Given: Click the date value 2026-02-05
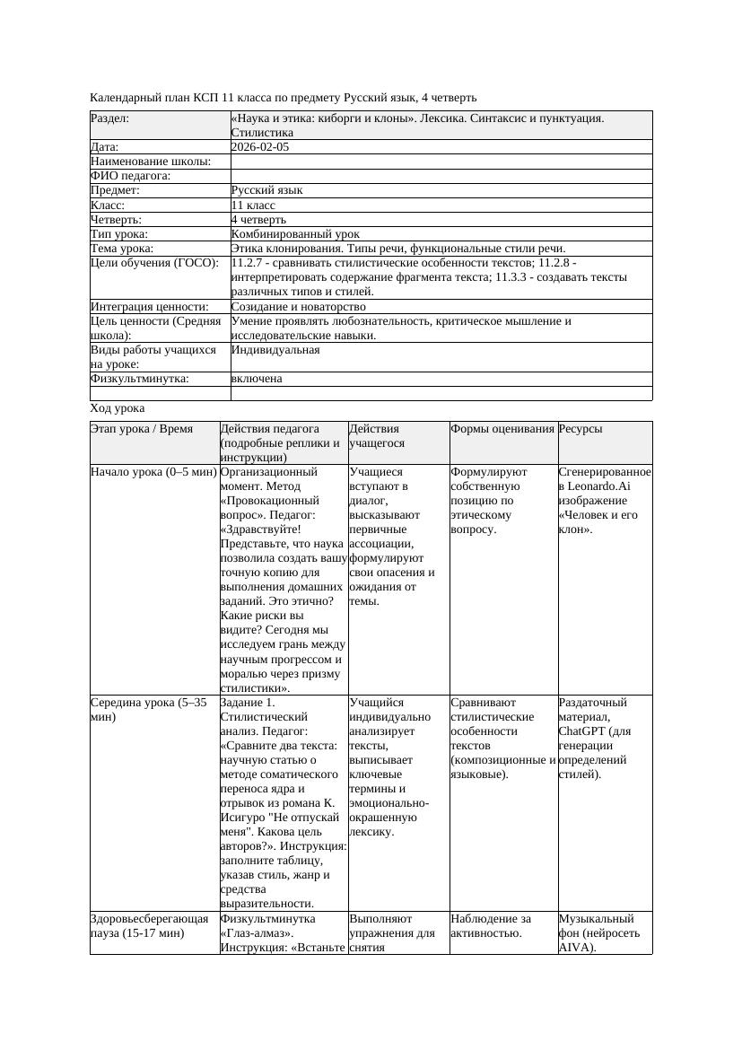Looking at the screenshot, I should click(260, 147).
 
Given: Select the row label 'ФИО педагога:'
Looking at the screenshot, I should click(131, 176).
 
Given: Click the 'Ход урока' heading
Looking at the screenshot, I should click(118, 408).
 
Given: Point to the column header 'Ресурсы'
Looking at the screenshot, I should click(581, 430).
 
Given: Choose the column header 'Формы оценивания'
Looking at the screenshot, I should click(502, 430).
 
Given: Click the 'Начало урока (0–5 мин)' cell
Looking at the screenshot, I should click(153, 471).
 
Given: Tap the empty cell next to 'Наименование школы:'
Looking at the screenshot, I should click(441, 162).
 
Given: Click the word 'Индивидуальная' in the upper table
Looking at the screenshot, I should click(275, 350).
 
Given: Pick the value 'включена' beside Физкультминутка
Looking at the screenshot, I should click(257, 379).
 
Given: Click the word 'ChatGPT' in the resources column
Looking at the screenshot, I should click(581, 731).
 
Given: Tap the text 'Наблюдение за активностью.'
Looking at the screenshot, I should click(491, 926).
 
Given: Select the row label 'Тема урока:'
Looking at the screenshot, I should click(122, 249).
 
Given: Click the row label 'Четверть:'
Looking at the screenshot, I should click(117, 219).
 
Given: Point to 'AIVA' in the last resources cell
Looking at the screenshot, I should click(574, 948).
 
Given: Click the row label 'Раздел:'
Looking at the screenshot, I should click(110, 118).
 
